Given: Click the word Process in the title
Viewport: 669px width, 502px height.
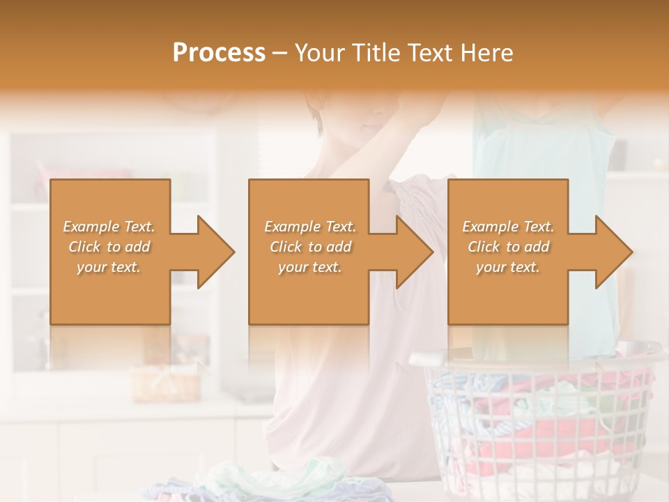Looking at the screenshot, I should coord(219,52).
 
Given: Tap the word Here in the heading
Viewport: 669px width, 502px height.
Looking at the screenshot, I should coord(486,52).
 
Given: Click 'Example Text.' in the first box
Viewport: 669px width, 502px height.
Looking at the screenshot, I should coord(109,227).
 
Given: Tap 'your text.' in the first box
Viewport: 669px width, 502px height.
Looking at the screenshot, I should coord(109,267).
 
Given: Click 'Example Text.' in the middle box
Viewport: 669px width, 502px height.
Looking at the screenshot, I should coord(309,227).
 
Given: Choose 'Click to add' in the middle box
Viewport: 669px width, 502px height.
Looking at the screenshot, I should coord(309,247).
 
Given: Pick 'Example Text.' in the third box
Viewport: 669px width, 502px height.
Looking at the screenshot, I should coord(508,227).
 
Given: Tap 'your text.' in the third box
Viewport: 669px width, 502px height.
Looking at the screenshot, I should coord(508,267).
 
